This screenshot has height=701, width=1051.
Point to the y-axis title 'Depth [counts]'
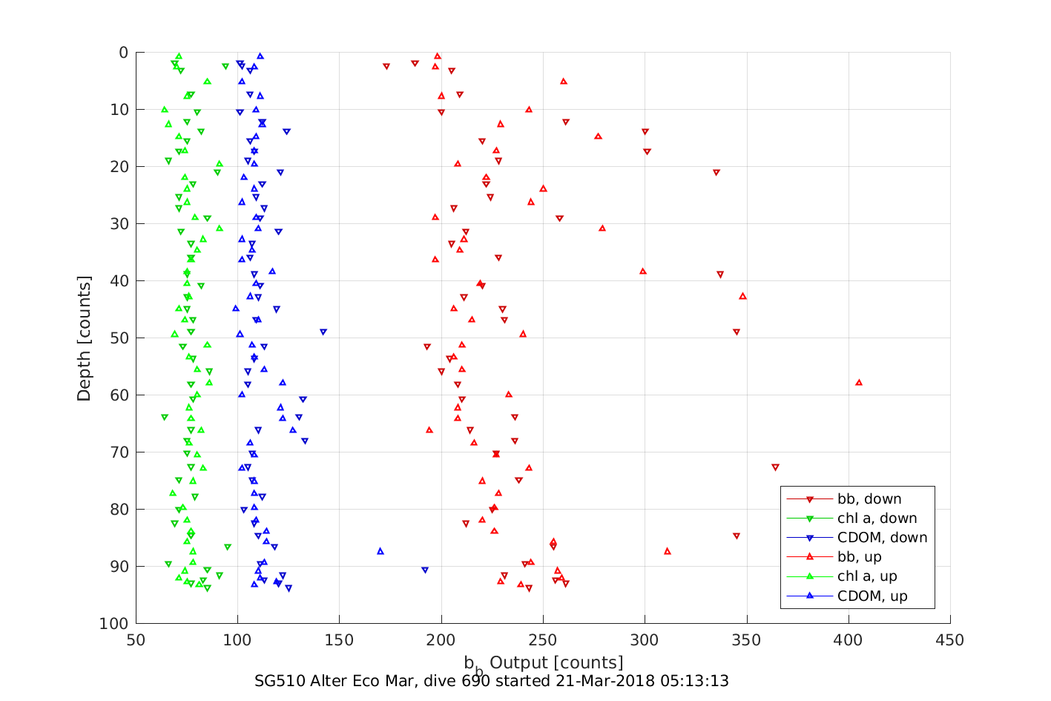pos(84,338)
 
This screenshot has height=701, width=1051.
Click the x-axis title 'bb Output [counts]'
pos(543,663)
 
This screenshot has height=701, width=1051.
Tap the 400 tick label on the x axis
pos(849,640)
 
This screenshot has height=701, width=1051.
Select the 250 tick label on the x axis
pos(543,640)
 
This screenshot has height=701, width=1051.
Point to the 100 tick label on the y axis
pos(114,623)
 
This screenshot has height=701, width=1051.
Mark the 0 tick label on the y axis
pos(124,52)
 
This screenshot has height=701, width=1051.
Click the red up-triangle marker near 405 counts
pos(859,383)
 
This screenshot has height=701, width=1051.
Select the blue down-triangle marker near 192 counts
pos(425,570)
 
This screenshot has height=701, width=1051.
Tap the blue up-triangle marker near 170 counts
pos(380,551)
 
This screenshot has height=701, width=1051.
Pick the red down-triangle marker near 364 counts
pos(775,467)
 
